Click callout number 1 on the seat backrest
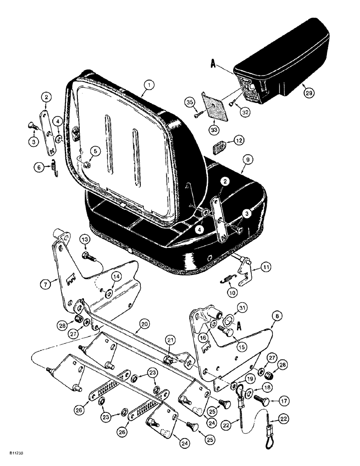point(148,85)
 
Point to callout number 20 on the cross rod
point(144,323)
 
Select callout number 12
point(225,140)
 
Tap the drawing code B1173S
point(16,452)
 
